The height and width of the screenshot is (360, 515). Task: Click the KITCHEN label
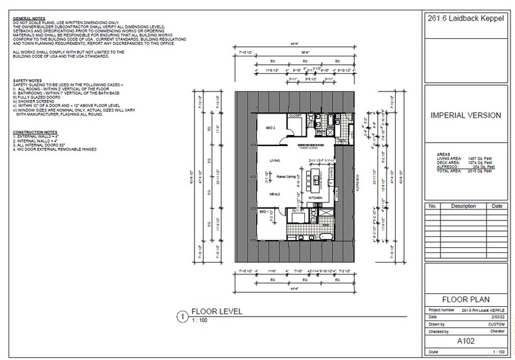point(315,197)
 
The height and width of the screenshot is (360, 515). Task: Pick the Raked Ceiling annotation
point(287,176)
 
